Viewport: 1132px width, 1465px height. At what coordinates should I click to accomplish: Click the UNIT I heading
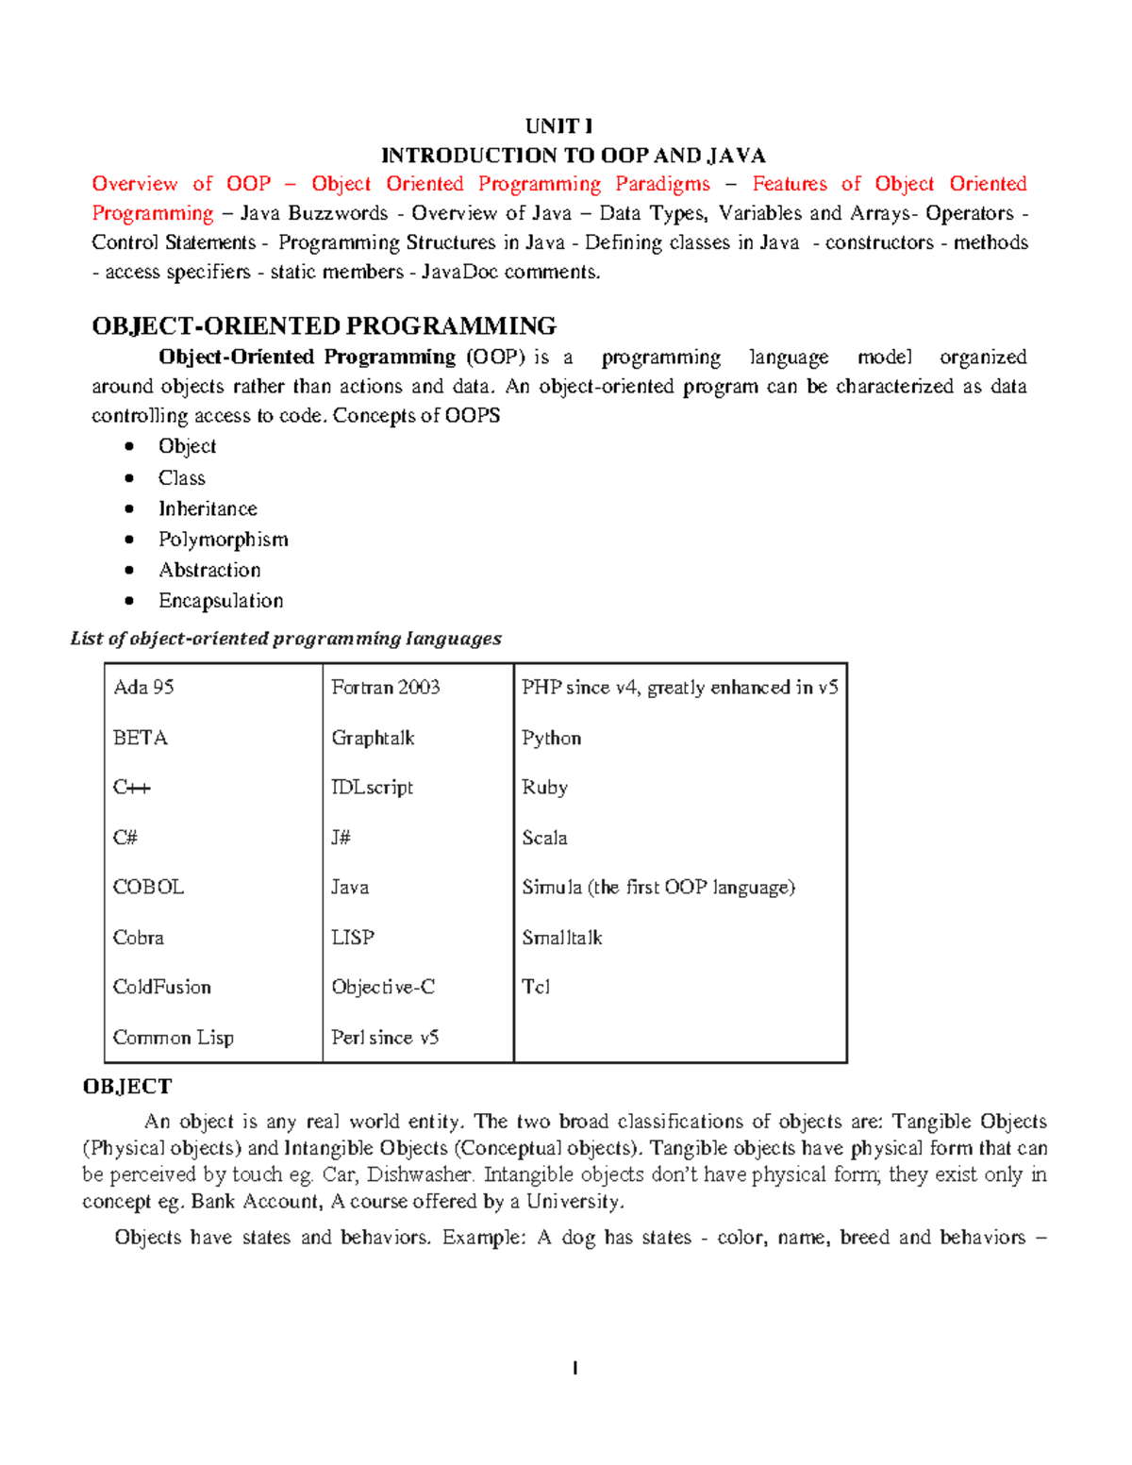(558, 126)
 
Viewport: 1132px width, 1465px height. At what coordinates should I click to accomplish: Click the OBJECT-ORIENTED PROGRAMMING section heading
(324, 326)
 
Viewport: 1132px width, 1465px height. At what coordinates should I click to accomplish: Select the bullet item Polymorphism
(223, 540)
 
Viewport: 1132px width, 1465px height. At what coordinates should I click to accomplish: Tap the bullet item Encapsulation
(221, 601)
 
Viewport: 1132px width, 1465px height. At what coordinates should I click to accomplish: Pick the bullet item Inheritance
(208, 509)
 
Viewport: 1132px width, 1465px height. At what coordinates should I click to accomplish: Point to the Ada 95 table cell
(143, 688)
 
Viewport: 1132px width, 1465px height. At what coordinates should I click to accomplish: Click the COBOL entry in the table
(148, 888)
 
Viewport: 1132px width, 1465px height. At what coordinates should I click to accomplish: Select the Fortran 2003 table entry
(385, 688)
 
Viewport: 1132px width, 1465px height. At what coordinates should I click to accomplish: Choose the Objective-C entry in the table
(383, 988)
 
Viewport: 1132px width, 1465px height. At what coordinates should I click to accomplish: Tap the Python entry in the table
(551, 739)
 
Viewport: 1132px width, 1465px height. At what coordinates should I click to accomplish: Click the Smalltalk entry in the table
(562, 938)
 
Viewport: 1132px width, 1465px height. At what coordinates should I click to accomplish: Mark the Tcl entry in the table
(536, 988)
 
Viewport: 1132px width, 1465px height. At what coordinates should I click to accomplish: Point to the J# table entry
(341, 838)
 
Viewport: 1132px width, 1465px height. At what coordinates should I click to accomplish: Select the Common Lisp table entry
(174, 1038)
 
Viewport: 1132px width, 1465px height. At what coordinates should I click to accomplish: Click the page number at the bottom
(574, 1369)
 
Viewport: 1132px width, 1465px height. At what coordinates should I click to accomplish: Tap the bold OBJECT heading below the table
(127, 1087)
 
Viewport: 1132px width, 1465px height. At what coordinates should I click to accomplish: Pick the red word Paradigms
(662, 184)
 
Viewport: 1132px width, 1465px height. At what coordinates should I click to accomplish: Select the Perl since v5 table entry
(385, 1038)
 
